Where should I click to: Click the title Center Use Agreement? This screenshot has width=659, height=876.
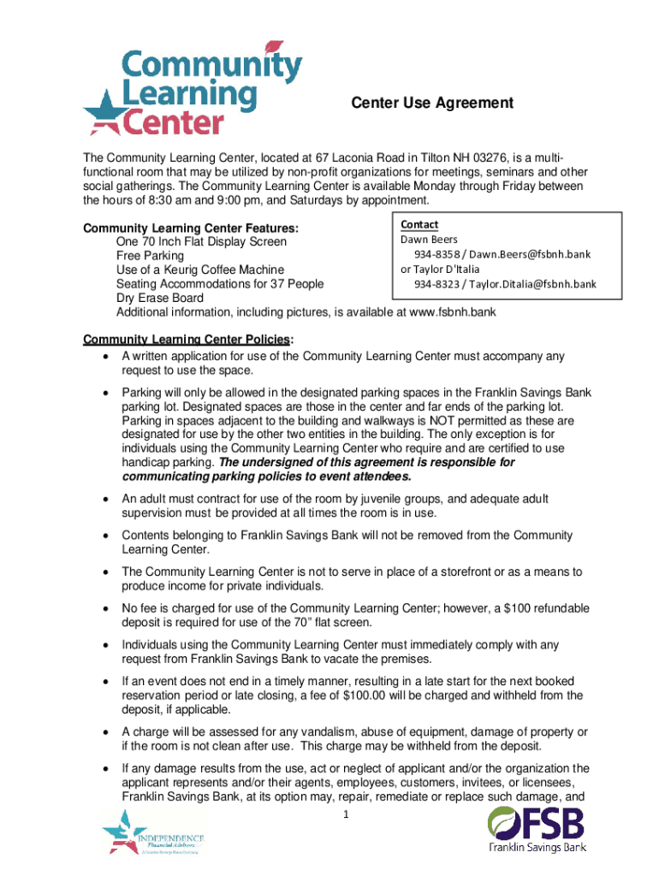coord(432,104)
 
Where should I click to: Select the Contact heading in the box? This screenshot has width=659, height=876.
coord(419,224)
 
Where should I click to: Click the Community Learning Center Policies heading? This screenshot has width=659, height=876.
coord(187,339)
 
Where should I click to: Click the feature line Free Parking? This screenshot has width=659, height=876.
coord(150,256)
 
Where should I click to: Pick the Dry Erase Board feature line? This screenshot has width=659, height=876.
coord(159,299)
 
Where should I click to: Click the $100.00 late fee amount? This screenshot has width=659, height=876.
coord(365,695)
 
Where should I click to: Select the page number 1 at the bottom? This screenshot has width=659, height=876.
coord(344,814)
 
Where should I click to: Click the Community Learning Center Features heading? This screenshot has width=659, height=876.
coord(190,228)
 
